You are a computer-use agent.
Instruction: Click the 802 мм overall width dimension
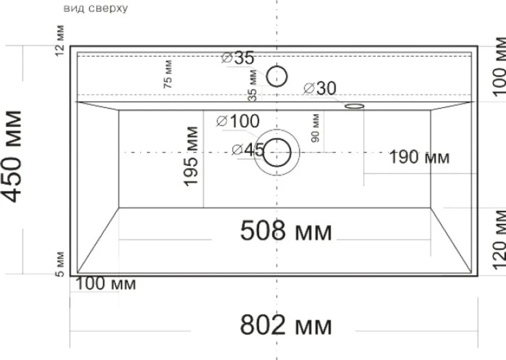[x=286, y=325]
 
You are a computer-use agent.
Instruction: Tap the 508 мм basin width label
[x=286, y=231]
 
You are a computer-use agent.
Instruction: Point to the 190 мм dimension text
[x=419, y=157]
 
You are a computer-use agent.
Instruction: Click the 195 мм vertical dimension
[x=191, y=157]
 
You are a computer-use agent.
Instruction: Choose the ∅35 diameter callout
[x=238, y=58]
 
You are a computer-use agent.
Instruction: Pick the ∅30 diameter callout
[x=320, y=88]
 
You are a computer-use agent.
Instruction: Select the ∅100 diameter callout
[x=238, y=122]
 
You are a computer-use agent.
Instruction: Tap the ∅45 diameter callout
[x=248, y=150]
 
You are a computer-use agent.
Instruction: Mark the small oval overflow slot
[x=354, y=106]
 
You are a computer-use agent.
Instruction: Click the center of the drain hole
[x=277, y=152]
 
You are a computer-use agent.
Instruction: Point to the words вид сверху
[x=95, y=8]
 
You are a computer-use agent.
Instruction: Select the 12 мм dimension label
[x=60, y=40]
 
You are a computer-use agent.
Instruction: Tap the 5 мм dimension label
[x=60, y=264]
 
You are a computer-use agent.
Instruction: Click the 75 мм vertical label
[x=168, y=74]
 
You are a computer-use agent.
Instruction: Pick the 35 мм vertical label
[x=253, y=85]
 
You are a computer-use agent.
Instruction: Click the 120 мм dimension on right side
[x=499, y=239]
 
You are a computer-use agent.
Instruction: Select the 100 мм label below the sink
[x=105, y=284]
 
